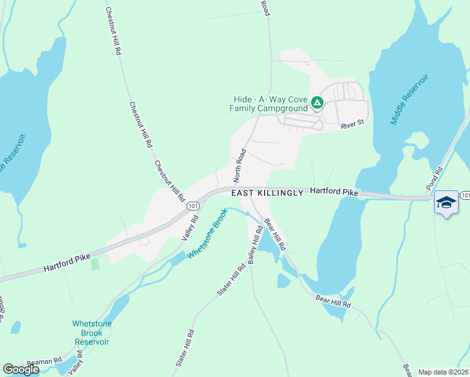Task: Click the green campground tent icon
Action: pyautogui.click(x=317, y=102)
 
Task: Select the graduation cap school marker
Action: pyautogui.click(x=446, y=202)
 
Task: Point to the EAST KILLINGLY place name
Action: pyautogui.click(x=267, y=193)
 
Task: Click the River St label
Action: pyautogui.click(x=352, y=125)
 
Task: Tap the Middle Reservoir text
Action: pyautogui.click(x=409, y=99)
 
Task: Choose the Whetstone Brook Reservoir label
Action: pyautogui.click(x=92, y=333)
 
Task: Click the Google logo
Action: pyautogui.click(x=21, y=369)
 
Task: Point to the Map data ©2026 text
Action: pyautogui.click(x=443, y=372)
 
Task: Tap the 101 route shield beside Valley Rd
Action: pyautogui.click(x=193, y=205)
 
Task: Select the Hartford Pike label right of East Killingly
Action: pyautogui.click(x=334, y=191)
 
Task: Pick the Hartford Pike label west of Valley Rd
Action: pyautogui.click(x=67, y=263)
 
